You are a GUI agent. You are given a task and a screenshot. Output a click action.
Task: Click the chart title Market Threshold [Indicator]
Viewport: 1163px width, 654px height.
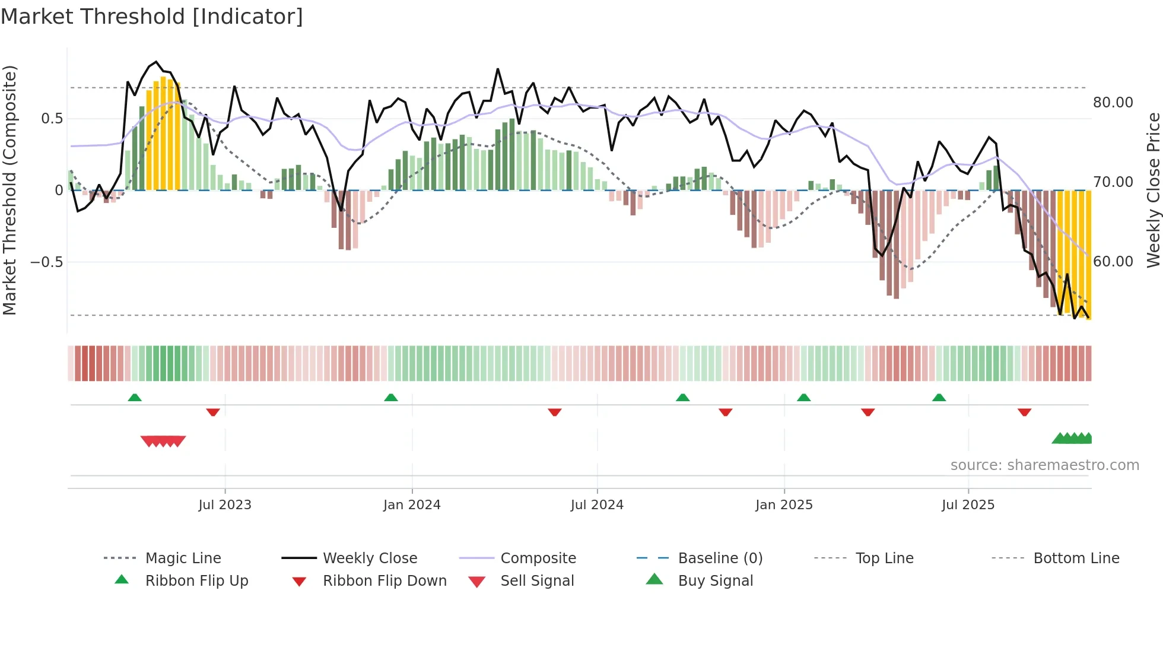(152, 17)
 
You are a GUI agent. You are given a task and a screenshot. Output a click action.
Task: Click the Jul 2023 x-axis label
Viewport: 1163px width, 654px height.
(224, 505)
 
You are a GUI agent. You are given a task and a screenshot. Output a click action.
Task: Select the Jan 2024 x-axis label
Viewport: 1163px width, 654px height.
(412, 505)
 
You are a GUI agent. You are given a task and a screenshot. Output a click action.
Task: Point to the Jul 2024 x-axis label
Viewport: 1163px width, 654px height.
(597, 505)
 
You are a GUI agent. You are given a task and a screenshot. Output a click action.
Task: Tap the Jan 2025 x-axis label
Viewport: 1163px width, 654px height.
(784, 505)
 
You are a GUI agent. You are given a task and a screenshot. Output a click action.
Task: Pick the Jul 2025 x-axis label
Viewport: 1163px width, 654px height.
(968, 505)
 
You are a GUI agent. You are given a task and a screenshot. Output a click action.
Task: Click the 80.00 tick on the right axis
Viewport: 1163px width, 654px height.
(1113, 103)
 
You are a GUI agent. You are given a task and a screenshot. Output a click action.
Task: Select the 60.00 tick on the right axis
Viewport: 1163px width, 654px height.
(1113, 262)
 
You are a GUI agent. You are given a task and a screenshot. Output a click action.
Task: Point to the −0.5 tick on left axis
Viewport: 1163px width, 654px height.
(47, 262)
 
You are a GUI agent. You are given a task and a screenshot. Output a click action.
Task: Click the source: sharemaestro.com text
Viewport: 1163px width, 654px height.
(1044, 465)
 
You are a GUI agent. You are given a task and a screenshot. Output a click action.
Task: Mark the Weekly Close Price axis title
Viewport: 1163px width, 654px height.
(1153, 190)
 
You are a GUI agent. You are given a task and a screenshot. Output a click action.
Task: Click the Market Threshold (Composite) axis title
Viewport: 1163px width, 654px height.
(9, 190)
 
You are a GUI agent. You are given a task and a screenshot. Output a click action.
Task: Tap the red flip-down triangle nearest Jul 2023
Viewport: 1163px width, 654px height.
(213, 412)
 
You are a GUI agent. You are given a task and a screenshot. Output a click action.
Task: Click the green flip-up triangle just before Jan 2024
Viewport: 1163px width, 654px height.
(391, 398)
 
